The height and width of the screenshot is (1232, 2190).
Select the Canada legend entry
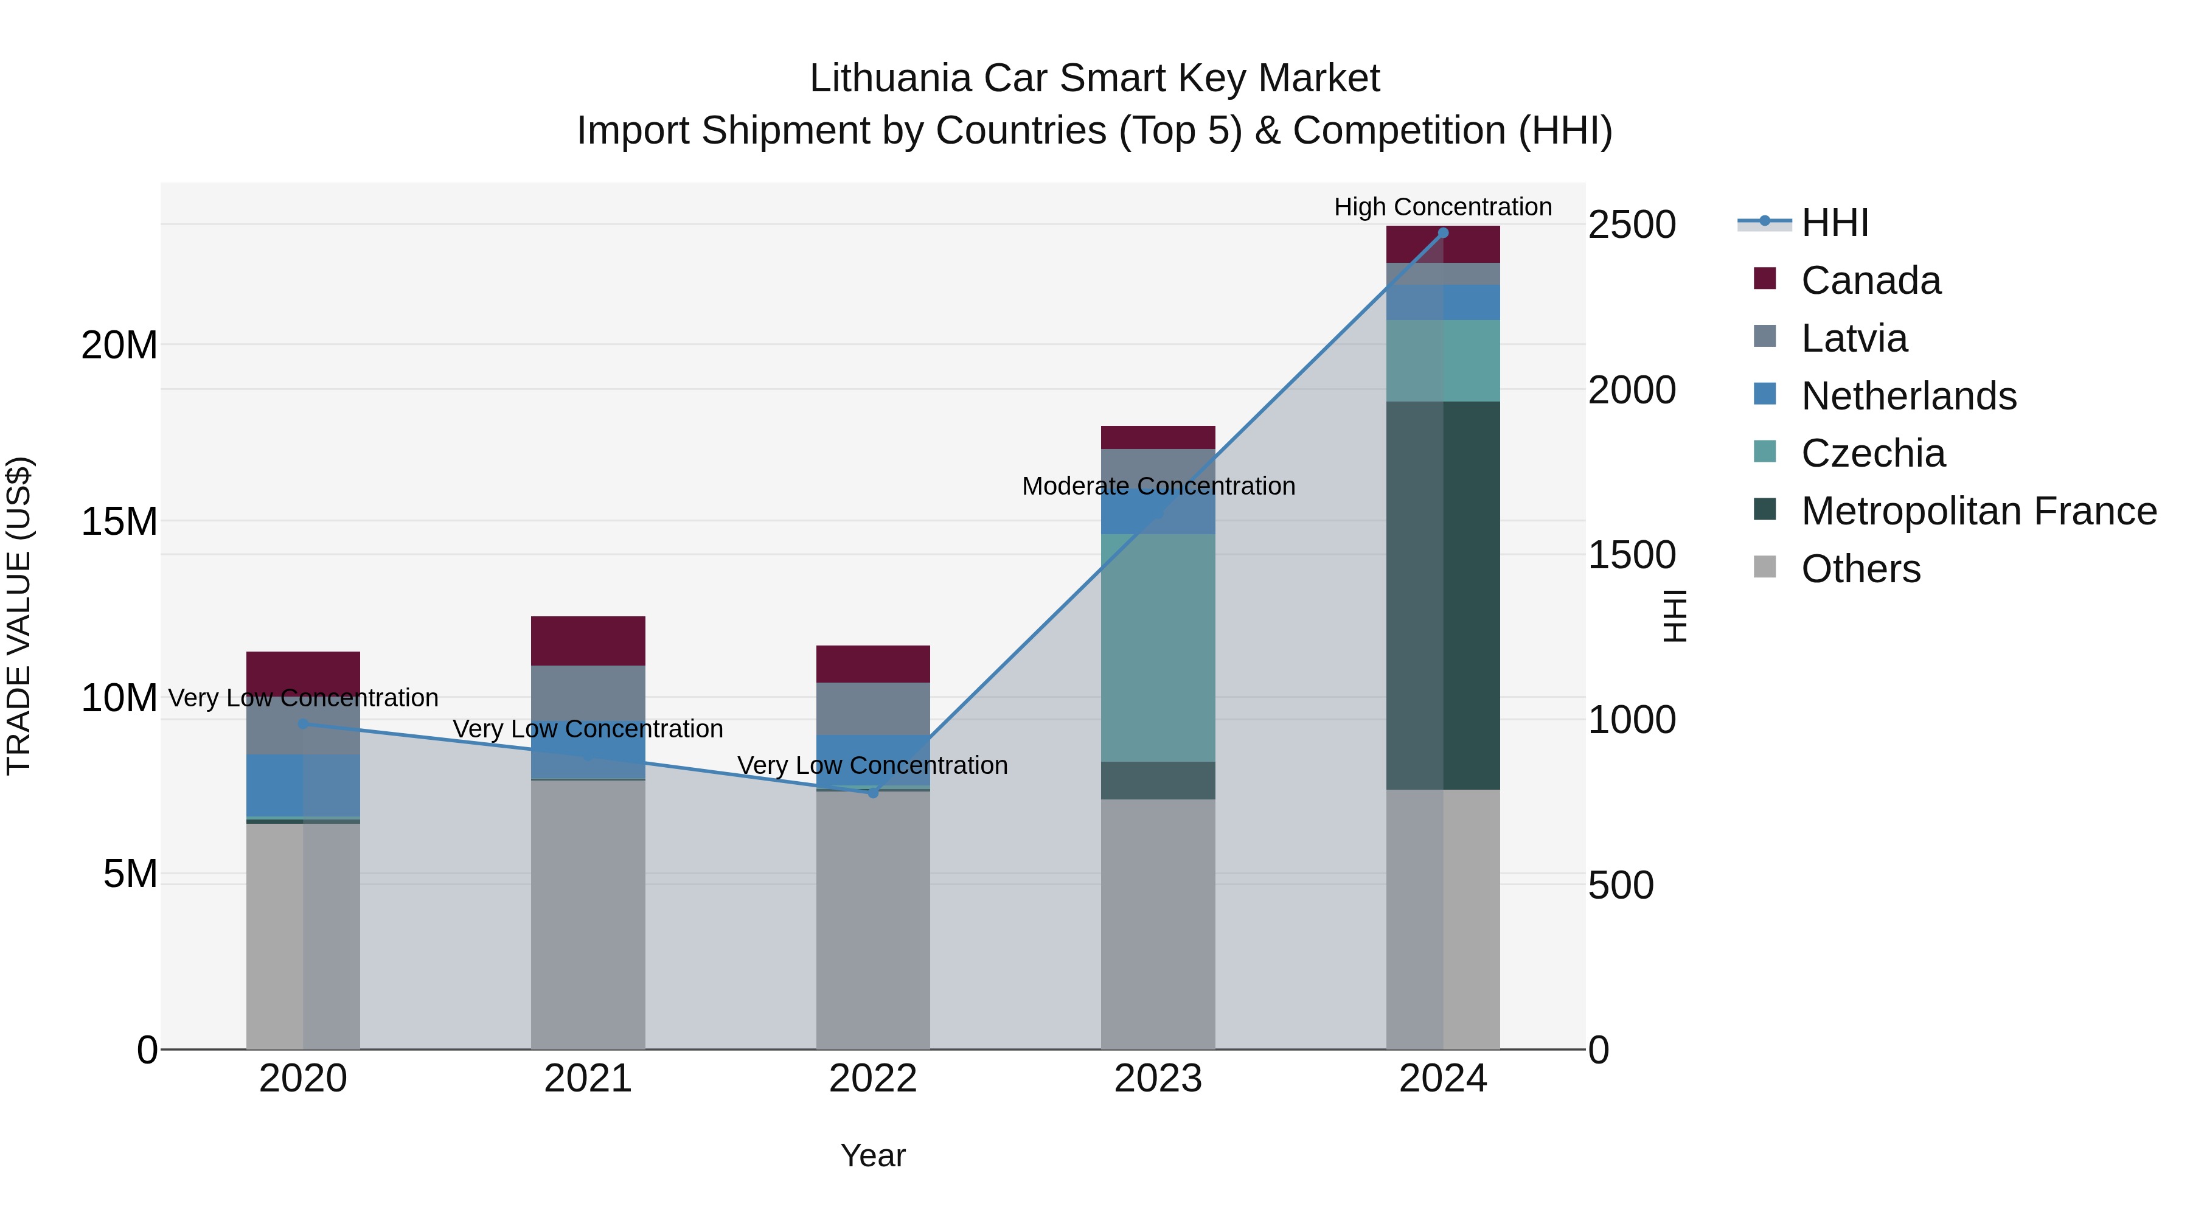click(x=1871, y=280)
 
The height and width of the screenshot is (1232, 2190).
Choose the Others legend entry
click(x=1860, y=569)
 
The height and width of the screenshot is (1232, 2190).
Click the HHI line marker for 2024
click(x=1443, y=233)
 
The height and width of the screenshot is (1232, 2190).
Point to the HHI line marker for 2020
click(x=304, y=723)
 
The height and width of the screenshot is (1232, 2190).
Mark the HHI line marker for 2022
click(x=873, y=792)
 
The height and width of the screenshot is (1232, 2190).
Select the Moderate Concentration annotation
click(x=1158, y=486)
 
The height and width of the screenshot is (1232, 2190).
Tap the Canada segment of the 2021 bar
click(x=588, y=640)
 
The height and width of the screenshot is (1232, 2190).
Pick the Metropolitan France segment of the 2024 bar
click(x=1443, y=595)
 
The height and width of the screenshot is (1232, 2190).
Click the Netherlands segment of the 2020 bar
click(x=304, y=785)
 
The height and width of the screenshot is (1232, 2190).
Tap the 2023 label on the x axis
click(x=1158, y=1079)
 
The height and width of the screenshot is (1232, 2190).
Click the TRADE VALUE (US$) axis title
click(x=19, y=616)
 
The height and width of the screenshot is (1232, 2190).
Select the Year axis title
click(x=873, y=1155)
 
